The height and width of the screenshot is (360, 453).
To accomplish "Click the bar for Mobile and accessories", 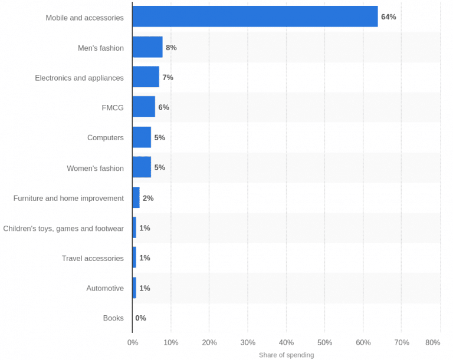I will click(x=255, y=17).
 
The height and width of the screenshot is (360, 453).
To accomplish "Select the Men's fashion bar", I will click(x=147, y=47).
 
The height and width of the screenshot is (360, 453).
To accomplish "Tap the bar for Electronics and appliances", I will click(x=146, y=77).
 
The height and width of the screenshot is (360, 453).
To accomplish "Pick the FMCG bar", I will click(x=144, y=107).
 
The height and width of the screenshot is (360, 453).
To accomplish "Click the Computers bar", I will click(x=142, y=137).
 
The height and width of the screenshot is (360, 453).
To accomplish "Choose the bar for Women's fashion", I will click(x=142, y=167).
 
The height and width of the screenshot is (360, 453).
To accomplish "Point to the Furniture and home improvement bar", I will click(x=136, y=198).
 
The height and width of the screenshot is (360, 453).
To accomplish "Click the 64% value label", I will click(x=388, y=17).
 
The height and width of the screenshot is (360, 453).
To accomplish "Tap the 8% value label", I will click(x=171, y=47).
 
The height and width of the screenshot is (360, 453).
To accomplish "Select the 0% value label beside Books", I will click(x=140, y=318).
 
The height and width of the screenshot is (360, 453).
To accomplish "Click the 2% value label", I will click(x=148, y=198).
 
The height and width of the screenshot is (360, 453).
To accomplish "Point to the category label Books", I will click(x=113, y=318).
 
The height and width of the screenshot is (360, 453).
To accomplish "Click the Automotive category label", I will click(x=105, y=288).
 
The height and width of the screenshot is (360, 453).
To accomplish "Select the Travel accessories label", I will click(x=93, y=258).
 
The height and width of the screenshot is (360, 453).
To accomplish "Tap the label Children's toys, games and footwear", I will click(x=64, y=228).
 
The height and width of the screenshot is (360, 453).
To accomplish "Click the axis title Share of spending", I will click(x=286, y=355).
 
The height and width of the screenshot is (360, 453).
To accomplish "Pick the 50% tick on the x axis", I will click(x=324, y=342).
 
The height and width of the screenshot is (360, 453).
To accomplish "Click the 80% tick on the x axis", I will click(x=432, y=342).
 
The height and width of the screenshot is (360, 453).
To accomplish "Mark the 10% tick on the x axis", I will click(x=170, y=342).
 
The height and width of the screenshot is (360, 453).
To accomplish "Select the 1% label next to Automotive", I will click(x=145, y=288).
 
